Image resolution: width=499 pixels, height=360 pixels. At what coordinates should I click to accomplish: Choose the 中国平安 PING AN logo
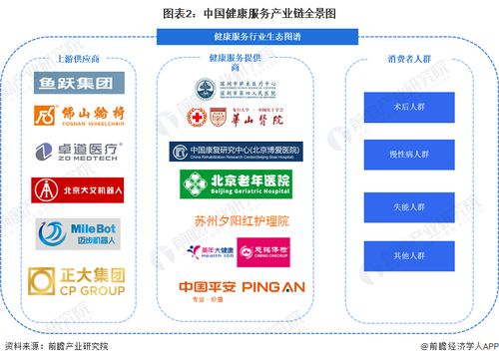click(x=236, y=288)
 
